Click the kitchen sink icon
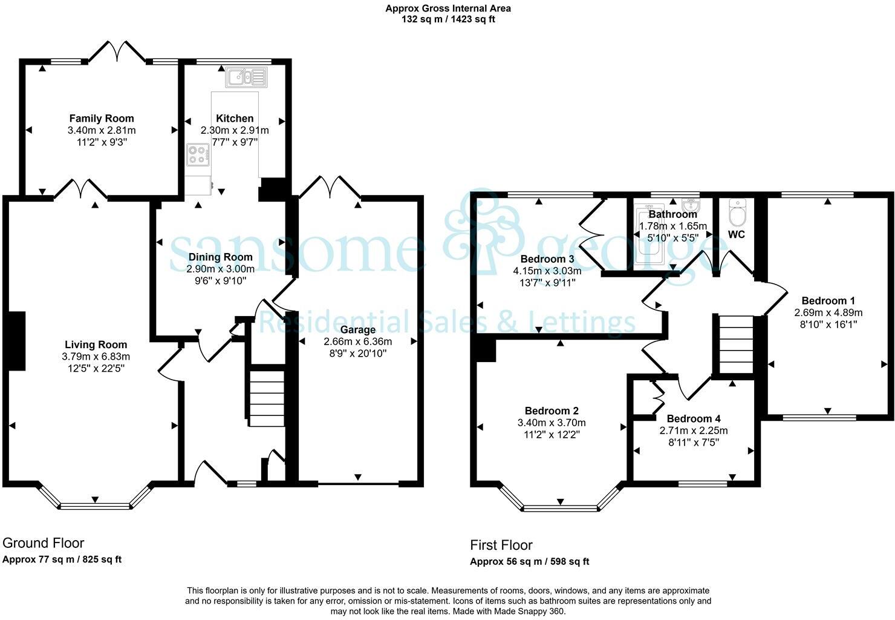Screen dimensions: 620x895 click(x=246, y=77)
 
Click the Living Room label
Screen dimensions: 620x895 click(x=96, y=345)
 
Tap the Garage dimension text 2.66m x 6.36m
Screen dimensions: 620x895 click(x=357, y=341)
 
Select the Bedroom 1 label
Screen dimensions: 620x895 click(x=828, y=301)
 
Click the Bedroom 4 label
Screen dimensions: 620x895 click(x=693, y=419)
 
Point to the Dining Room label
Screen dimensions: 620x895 click(x=220, y=257)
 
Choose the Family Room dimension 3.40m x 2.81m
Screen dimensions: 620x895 click(x=102, y=130)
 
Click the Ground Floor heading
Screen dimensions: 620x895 click(x=44, y=543)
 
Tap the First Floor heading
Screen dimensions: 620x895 click(x=501, y=545)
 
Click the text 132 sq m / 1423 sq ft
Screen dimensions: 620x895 click(x=448, y=19)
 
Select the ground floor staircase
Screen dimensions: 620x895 click(x=267, y=397)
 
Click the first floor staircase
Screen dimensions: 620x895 click(x=735, y=345)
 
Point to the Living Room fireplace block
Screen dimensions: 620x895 click(x=17, y=341)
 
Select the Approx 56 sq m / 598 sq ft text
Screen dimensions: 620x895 click(x=529, y=561)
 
